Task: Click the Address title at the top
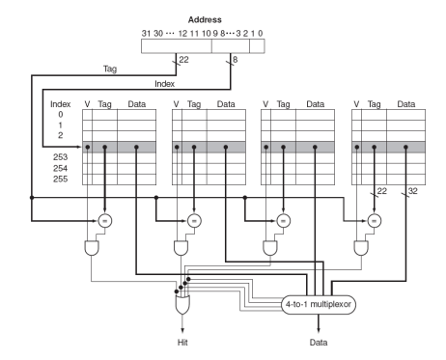205,19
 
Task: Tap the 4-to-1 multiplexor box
319,304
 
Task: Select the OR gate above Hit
182,305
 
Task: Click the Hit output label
182,342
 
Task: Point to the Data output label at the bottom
319,342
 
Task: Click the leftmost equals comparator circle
105,221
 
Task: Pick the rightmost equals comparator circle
375,221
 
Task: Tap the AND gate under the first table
92,248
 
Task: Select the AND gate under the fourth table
361,248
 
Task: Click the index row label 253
61,157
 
